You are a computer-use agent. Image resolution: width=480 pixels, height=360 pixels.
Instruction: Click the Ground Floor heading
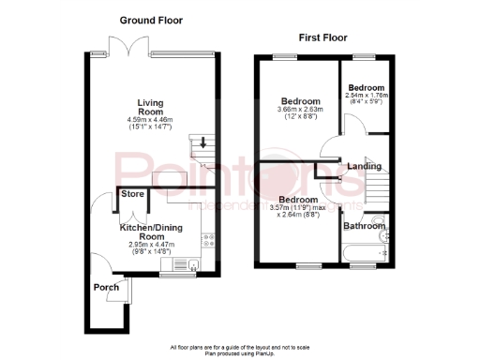pos(151,20)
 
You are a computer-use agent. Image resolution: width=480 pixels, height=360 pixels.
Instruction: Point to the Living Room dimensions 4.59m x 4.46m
pos(150,119)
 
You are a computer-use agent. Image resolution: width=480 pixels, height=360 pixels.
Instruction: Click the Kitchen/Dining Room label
pos(148,232)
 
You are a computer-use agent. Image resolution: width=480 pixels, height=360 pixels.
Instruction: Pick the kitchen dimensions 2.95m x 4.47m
pos(149,245)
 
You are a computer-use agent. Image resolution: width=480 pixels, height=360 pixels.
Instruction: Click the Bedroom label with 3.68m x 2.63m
pos(299,101)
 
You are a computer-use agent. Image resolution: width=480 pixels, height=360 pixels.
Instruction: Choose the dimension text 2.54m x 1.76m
pos(366,95)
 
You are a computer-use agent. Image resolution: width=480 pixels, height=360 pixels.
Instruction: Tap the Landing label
pos(364,167)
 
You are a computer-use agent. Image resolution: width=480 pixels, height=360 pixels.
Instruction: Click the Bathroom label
pos(362,226)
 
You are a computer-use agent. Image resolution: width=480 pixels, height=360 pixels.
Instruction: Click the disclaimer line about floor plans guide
pos(239,346)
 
